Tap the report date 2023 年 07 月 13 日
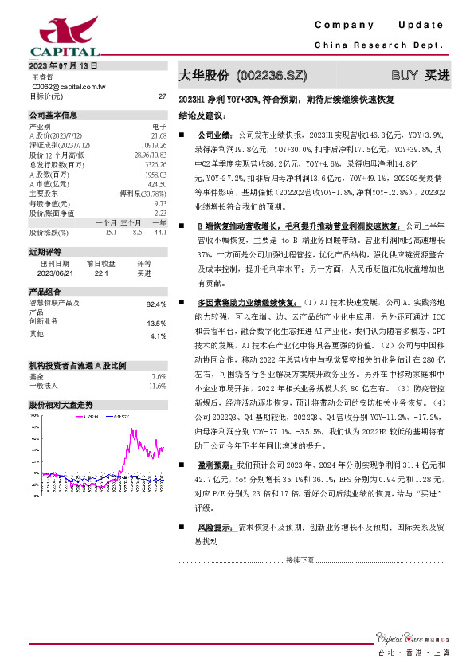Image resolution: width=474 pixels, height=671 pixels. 64,65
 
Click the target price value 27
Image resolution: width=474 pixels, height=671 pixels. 162,96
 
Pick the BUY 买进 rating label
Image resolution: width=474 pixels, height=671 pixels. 420,76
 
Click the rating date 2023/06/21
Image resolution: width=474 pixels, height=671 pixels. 55,273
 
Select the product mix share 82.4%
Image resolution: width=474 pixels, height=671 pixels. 157,304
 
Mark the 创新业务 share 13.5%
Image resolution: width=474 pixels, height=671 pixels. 157,324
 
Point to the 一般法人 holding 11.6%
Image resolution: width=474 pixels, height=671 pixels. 157,363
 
